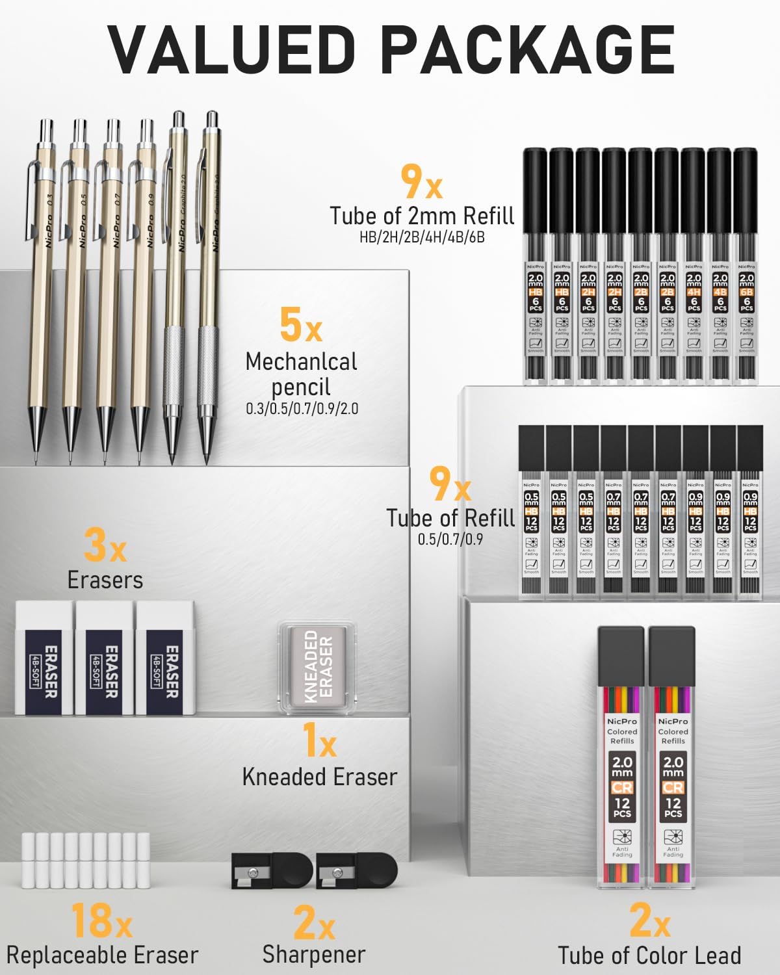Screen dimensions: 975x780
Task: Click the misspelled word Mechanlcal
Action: click(x=301, y=362)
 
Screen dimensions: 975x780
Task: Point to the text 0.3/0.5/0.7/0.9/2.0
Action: click(x=302, y=409)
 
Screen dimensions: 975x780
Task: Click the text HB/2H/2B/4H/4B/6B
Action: click(x=422, y=237)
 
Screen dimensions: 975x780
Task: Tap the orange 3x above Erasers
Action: click(x=105, y=545)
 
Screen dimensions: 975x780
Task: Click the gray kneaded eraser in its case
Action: click(x=318, y=666)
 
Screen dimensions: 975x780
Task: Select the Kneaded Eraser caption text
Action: click(x=319, y=777)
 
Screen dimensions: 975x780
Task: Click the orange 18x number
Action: click(x=101, y=921)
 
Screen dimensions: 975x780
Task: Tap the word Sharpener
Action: click(x=314, y=954)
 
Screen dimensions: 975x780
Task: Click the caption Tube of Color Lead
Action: click(x=649, y=955)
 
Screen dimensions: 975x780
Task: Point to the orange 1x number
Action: click(x=319, y=741)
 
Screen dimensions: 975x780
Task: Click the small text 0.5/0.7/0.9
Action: click(x=450, y=539)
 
